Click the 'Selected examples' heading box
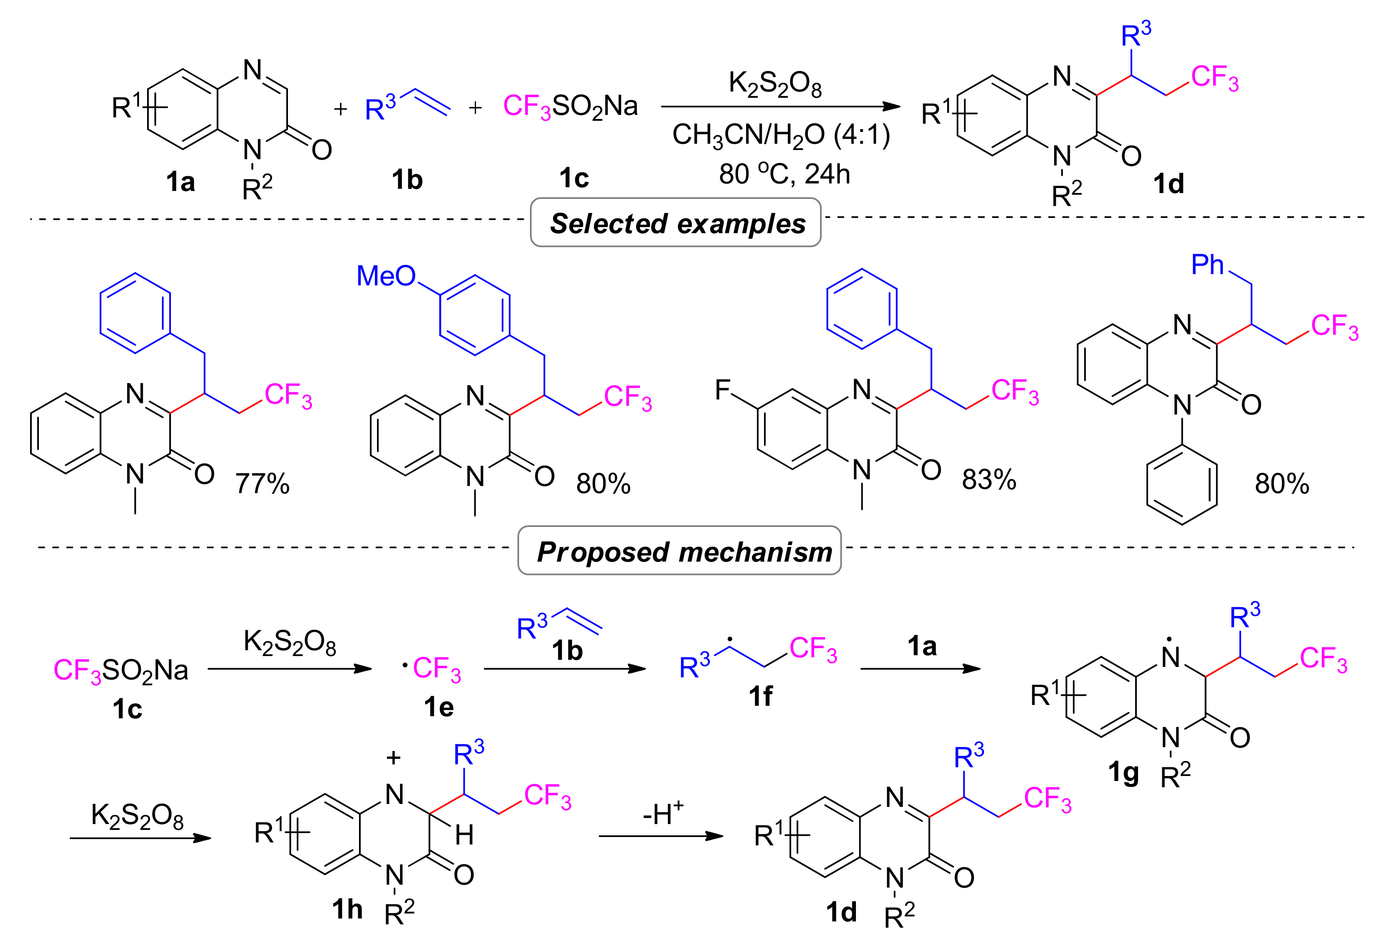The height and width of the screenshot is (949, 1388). (x=675, y=223)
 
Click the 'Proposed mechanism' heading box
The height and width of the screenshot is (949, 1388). (x=680, y=551)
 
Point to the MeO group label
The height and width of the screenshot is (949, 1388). (x=386, y=276)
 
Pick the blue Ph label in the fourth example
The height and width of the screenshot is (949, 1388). (x=1207, y=265)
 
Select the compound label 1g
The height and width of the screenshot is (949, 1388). (x=1123, y=772)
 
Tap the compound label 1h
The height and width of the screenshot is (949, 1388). (x=347, y=909)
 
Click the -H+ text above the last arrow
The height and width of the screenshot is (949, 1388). (x=663, y=814)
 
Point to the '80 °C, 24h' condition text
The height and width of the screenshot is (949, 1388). (x=784, y=174)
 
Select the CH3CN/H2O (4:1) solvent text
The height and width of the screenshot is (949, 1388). (x=781, y=135)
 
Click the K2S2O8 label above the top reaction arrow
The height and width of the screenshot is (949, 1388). (x=774, y=84)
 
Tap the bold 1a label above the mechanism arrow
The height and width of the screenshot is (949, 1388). (x=922, y=646)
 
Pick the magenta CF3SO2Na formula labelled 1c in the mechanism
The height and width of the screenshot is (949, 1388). (x=121, y=670)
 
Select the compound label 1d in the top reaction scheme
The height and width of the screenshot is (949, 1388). (x=1168, y=184)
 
